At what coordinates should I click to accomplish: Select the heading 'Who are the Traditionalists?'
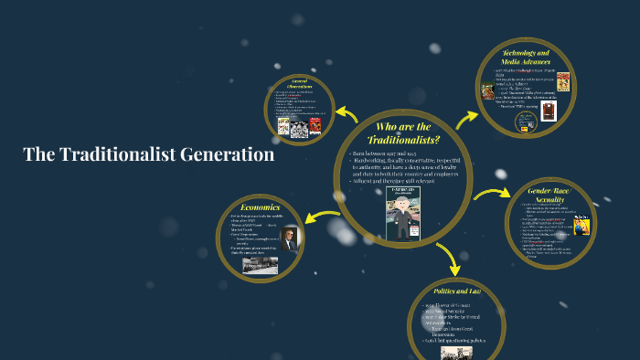[x=403, y=132]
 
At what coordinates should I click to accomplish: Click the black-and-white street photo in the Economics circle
[x=260, y=265]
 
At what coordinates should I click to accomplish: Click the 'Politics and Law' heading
[x=455, y=291]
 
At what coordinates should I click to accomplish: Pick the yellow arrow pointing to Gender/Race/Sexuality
[x=492, y=194]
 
